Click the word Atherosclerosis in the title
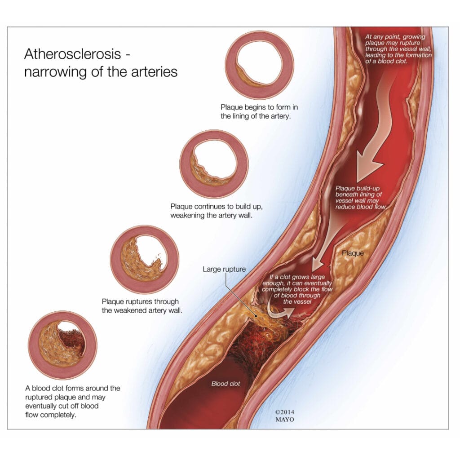[x=72, y=54]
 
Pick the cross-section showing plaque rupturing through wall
[x=145, y=260]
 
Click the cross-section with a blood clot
[x=62, y=345]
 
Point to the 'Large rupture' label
[x=225, y=270]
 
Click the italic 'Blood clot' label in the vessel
[x=226, y=384]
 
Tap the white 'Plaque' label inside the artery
[x=353, y=253]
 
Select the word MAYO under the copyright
[x=284, y=420]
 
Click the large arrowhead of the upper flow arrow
[x=368, y=168]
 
